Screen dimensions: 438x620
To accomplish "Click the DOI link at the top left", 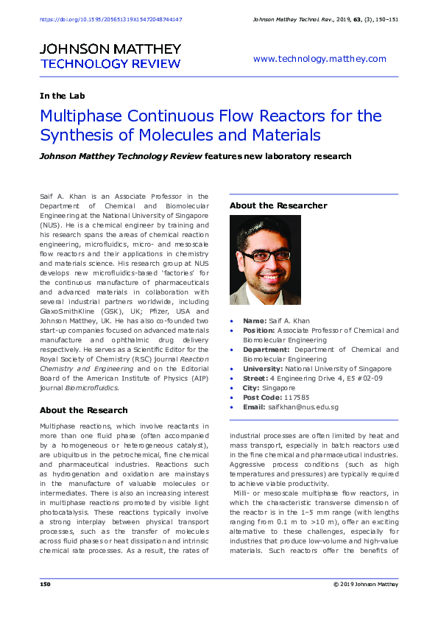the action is click(x=110, y=18).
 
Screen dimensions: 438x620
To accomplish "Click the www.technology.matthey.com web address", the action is click(x=319, y=59).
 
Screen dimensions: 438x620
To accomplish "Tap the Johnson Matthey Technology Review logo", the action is click(x=110, y=56).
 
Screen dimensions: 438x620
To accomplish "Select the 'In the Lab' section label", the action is click(x=62, y=96).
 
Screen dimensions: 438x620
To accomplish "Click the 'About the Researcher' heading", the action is click(x=278, y=205).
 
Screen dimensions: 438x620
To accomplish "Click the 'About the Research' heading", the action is click(x=83, y=410).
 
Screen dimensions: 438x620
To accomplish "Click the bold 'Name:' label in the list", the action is click(x=254, y=321).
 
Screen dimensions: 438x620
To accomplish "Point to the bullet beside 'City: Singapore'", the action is click(x=233, y=388).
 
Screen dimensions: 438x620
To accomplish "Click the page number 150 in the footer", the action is click(x=45, y=584).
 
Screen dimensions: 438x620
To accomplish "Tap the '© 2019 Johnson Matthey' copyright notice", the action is click(x=365, y=584).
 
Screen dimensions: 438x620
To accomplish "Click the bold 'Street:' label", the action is click(x=256, y=378).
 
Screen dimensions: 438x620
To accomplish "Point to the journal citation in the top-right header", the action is click(x=325, y=18).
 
